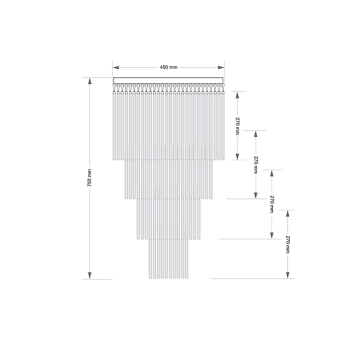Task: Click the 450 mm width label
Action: (169, 67)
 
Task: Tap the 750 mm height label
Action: (89, 178)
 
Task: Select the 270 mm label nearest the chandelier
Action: (238, 126)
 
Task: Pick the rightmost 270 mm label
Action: (287, 244)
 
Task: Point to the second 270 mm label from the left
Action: (256, 165)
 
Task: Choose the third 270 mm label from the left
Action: (272, 205)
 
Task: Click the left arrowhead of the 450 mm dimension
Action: (116, 67)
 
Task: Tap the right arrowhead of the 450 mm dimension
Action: (221, 67)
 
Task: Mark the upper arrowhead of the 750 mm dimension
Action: (90, 81)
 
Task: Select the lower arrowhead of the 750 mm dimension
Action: (90, 275)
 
